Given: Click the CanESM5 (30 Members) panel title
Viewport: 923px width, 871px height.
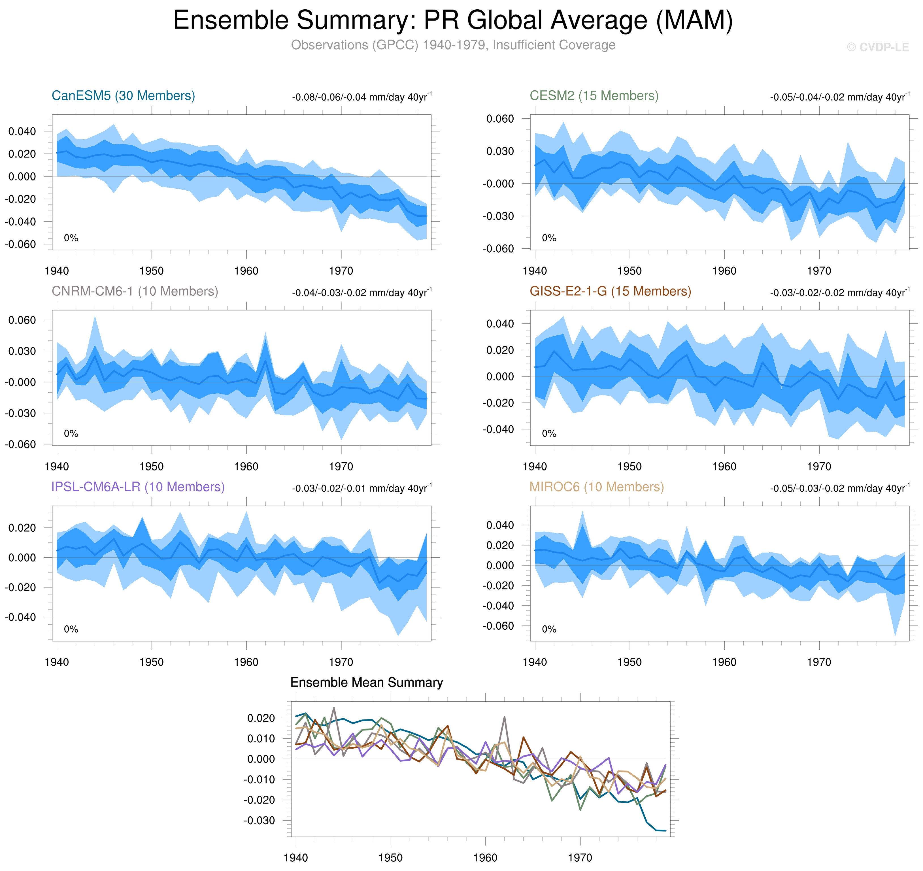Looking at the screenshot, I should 123,96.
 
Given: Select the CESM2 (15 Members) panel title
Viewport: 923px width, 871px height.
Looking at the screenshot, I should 594,96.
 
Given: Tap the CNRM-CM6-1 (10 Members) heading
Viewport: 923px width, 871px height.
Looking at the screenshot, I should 135,291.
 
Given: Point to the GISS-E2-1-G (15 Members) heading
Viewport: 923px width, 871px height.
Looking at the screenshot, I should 610,291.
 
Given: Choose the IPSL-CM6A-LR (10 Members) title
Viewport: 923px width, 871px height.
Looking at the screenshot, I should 138,487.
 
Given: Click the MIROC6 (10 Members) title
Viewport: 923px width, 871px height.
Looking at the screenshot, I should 597,487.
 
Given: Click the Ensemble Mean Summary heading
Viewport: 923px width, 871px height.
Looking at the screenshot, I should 366,682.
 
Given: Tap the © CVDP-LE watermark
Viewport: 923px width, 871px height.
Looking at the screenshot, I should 877,47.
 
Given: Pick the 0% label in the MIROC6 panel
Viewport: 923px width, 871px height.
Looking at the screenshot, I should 549,629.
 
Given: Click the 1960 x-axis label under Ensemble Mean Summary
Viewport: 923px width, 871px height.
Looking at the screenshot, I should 485,857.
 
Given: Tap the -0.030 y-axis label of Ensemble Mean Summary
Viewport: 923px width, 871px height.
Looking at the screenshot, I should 259,820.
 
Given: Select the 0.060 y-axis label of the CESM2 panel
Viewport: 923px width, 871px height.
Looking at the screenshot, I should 500,119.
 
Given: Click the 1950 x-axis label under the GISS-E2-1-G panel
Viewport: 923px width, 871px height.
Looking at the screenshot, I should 629,467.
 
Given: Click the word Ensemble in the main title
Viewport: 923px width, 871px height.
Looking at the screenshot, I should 231,20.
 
